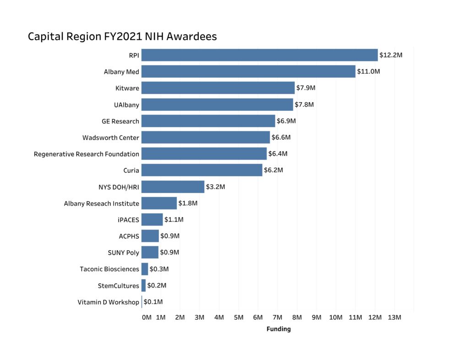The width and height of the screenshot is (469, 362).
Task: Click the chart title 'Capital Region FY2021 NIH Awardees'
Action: [122, 37]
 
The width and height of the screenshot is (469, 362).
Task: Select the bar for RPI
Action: [259, 55]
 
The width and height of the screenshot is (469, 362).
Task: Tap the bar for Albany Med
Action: [248, 71]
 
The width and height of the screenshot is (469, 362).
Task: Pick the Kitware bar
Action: [218, 88]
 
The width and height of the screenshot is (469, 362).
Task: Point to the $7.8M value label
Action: [304, 104]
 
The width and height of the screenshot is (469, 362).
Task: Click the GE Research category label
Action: [120, 121]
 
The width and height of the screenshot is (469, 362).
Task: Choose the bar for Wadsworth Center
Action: [205, 137]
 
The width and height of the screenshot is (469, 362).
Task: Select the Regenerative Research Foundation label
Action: [87, 154]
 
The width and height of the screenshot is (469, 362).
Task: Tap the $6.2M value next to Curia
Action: [273, 170]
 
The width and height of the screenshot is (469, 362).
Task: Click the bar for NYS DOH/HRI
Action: [173, 187]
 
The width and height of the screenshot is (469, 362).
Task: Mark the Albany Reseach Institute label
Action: [101, 204]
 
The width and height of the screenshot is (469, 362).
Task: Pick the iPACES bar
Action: [152, 220]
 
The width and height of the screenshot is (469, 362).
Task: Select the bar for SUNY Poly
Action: [150, 252]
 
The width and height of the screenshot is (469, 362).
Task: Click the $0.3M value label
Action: [159, 269]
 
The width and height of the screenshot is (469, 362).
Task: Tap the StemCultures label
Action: [118, 286]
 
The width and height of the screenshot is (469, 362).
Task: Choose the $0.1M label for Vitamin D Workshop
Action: [153, 302]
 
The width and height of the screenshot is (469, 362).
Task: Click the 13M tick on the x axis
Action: [394, 318]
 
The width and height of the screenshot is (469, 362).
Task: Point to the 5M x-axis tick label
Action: [238, 318]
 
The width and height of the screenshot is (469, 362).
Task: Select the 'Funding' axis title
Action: [278, 329]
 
